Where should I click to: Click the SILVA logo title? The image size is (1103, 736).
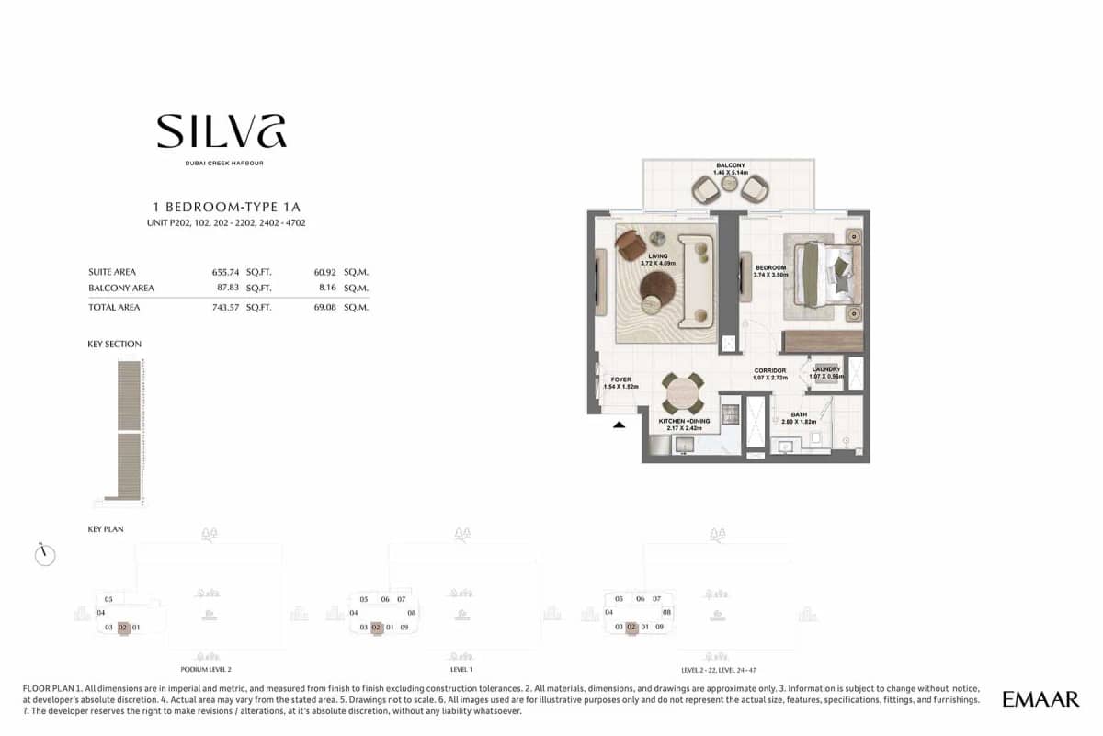point(221,131)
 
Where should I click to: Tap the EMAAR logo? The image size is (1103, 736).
point(1040,699)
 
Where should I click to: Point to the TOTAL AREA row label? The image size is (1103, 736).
point(114,307)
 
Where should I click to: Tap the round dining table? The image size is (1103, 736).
point(682,393)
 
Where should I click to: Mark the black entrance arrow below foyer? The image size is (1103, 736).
point(619,425)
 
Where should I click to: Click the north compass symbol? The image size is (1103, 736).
point(44,554)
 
